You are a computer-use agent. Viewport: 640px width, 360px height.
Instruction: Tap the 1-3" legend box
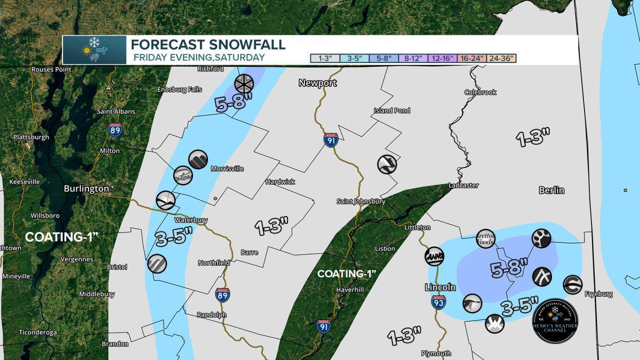tap(325, 59)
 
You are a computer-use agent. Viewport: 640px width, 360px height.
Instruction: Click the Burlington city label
tap(86, 188)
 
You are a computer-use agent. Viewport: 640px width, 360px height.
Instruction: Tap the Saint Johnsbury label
tap(361, 202)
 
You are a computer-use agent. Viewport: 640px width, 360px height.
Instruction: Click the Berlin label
tap(551, 190)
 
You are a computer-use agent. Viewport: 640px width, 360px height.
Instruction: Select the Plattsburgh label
tap(31, 137)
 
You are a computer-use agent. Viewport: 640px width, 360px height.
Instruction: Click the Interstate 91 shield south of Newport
tap(331, 140)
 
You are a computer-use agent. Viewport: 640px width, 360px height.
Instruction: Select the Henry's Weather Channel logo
tap(555, 321)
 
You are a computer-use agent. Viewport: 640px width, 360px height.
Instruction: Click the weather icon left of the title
tap(94, 50)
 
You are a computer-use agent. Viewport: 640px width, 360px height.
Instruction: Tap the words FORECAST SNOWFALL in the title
tap(208, 44)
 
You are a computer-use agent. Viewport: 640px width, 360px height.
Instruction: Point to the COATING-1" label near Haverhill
tap(347, 274)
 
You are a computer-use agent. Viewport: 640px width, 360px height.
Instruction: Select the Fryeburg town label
tap(598, 294)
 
